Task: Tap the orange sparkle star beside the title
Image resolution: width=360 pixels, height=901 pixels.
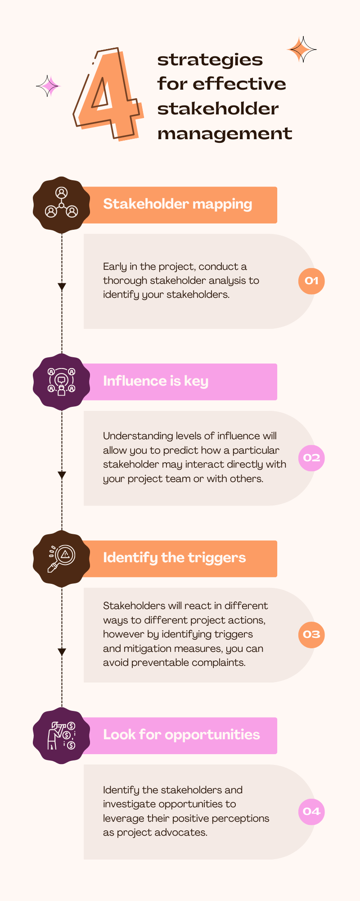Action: click(301, 50)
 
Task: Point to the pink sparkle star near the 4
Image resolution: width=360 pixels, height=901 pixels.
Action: click(48, 86)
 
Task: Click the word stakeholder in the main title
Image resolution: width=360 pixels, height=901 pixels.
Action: click(218, 109)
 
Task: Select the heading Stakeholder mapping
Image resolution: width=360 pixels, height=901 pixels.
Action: click(177, 204)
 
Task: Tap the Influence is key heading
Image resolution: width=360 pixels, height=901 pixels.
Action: click(155, 381)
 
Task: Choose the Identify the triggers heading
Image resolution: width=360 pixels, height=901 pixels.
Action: click(174, 558)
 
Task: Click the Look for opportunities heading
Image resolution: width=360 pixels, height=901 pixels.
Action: click(181, 735)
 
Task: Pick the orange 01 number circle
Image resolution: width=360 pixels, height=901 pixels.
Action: click(311, 281)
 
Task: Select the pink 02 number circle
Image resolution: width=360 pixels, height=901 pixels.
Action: click(311, 458)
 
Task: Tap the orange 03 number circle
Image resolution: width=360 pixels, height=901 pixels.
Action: click(311, 635)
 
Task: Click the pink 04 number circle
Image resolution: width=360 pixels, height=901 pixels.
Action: click(311, 811)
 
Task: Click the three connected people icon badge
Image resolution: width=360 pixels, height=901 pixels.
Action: click(62, 204)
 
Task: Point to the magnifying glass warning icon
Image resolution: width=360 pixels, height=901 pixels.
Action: click(62, 559)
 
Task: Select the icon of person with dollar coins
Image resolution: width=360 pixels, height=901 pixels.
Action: click(62, 736)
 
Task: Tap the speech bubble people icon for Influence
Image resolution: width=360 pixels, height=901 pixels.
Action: click(62, 382)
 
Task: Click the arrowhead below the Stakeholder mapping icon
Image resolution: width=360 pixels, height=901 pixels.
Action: click(62, 287)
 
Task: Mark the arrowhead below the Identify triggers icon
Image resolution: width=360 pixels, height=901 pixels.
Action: click(62, 652)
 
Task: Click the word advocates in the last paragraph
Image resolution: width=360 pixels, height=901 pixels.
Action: click(183, 833)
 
